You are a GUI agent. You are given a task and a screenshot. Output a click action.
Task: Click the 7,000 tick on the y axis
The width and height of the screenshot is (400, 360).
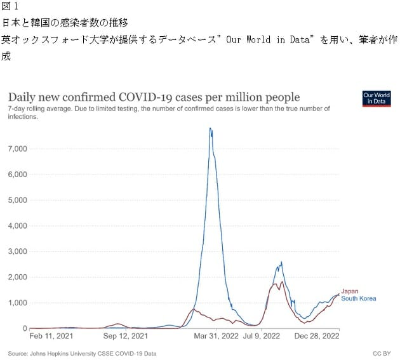(x=17, y=149)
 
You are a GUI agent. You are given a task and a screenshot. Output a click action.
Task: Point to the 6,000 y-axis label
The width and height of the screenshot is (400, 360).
(x=17, y=175)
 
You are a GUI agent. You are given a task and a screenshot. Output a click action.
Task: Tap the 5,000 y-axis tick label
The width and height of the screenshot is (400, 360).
(x=17, y=200)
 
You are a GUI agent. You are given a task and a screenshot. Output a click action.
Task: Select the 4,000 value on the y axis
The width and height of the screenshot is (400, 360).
(x=17, y=226)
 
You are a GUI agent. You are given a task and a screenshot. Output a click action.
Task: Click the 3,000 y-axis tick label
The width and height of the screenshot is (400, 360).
(x=17, y=251)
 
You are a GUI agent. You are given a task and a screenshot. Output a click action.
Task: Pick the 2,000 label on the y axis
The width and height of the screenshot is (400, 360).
(x=17, y=277)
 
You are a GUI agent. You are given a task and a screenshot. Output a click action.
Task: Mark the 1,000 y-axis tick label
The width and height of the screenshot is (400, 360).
(x=17, y=303)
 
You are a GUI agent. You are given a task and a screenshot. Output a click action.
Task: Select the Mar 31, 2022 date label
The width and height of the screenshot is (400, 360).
(x=215, y=336)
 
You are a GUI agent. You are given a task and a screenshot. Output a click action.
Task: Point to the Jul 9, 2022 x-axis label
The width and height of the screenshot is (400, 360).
(x=262, y=336)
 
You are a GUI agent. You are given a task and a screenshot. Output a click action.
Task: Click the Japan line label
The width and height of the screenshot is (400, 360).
(x=350, y=291)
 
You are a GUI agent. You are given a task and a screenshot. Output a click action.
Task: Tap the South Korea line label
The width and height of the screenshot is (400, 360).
(x=359, y=298)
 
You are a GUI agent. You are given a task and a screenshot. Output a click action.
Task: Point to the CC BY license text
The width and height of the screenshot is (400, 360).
(x=382, y=353)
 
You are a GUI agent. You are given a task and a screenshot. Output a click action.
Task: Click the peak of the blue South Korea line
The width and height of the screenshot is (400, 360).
(x=210, y=128)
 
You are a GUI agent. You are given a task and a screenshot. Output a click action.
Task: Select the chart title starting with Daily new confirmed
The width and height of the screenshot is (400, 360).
(x=154, y=97)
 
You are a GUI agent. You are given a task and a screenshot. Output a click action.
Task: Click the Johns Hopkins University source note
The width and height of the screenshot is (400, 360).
(x=82, y=353)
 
